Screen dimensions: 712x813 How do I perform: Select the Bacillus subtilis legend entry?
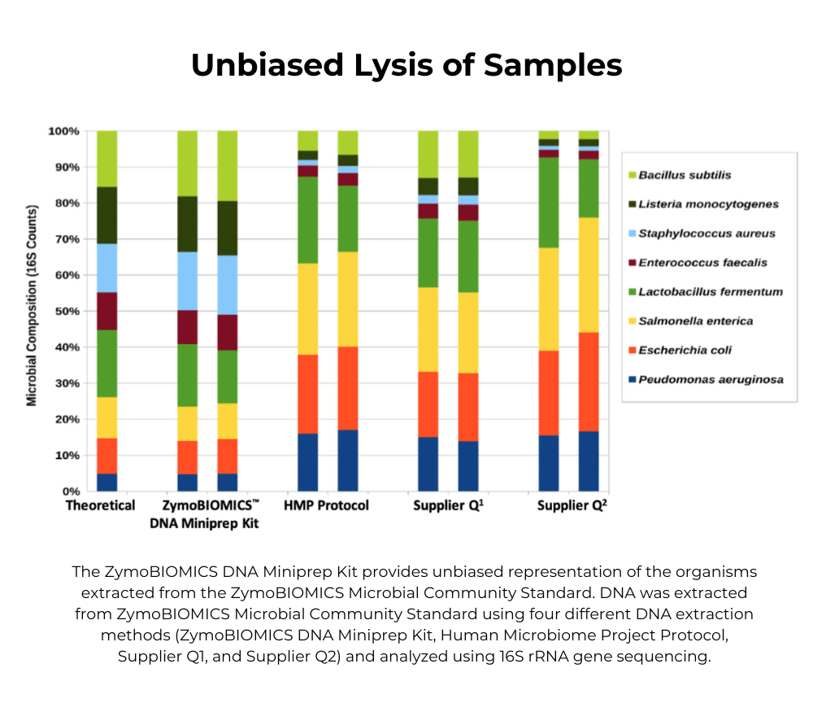pos(685,175)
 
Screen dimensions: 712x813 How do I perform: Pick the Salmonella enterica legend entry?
pos(695,321)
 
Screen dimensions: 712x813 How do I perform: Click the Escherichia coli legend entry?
pos(685,350)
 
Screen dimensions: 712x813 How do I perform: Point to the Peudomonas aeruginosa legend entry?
pos(711,379)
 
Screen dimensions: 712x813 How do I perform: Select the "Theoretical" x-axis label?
pos(100,506)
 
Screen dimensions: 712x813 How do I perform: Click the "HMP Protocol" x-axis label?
pos(326,506)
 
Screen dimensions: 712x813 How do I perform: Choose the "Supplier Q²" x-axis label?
pos(572,506)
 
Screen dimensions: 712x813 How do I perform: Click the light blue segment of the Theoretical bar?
pos(107,268)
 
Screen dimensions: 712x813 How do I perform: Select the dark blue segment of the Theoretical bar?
pos(107,483)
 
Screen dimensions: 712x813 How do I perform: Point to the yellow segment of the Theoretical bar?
pos(107,417)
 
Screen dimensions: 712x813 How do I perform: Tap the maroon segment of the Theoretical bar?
pos(107,311)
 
